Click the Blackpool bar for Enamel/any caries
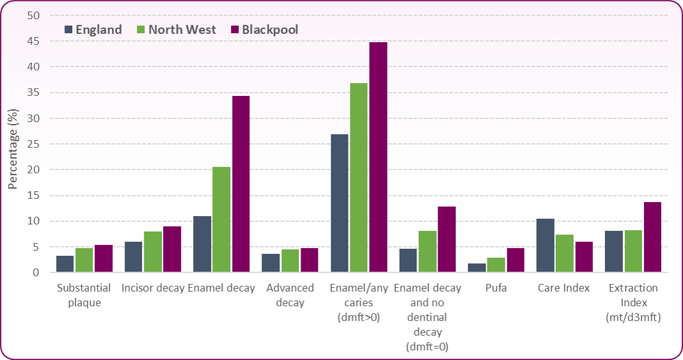[x=378, y=157]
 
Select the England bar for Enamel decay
[x=202, y=244]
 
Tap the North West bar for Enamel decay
[x=221, y=220]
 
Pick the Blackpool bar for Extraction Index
[x=652, y=237]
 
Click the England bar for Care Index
[x=546, y=246]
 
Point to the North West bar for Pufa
[x=496, y=265]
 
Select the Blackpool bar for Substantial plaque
[x=104, y=259]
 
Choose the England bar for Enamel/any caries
[x=340, y=203]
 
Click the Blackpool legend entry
[x=264, y=29]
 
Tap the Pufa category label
[x=496, y=288]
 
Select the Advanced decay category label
[x=290, y=295]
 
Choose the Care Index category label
[x=565, y=288]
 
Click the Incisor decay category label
[x=153, y=288]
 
